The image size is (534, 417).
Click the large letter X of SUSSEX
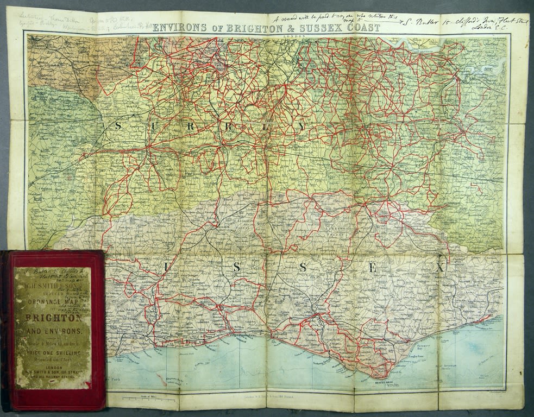[439, 268]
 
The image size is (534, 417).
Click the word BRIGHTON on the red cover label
[52, 318]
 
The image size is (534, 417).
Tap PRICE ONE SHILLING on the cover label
[52, 353]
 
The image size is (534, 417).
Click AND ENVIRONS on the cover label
[52, 330]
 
